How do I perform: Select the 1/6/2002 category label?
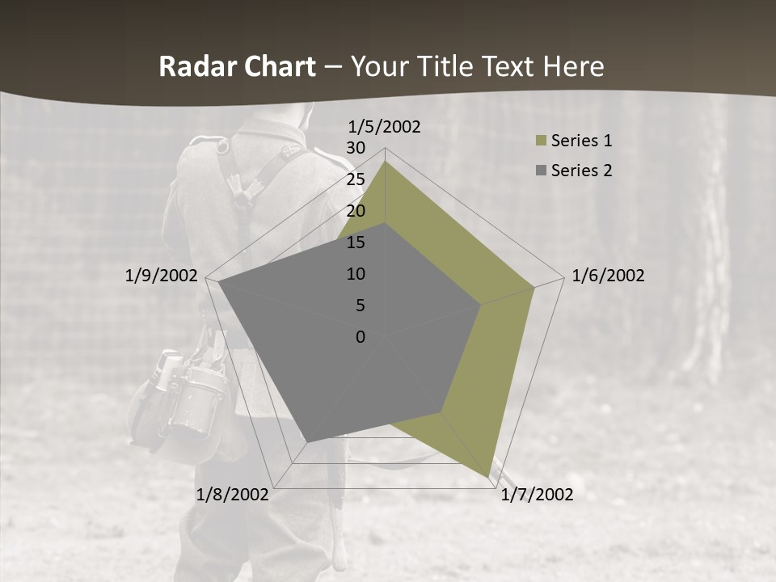point(608,276)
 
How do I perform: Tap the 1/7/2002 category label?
point(537,495)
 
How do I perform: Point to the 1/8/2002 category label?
point(233,495)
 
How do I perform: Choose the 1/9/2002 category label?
point(162,276)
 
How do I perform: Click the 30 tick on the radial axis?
point(356,148)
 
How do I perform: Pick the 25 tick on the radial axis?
point(356,179)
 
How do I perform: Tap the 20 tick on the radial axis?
point(356,211)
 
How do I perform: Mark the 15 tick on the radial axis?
point(356,242)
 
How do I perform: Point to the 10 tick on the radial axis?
point(356,274)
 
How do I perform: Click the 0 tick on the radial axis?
point(361,337)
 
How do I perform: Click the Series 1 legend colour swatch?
point(540,141)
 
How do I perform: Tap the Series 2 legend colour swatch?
point(540,171)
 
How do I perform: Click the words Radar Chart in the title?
point(237,67)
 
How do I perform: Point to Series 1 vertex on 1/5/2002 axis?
point(385,162)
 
